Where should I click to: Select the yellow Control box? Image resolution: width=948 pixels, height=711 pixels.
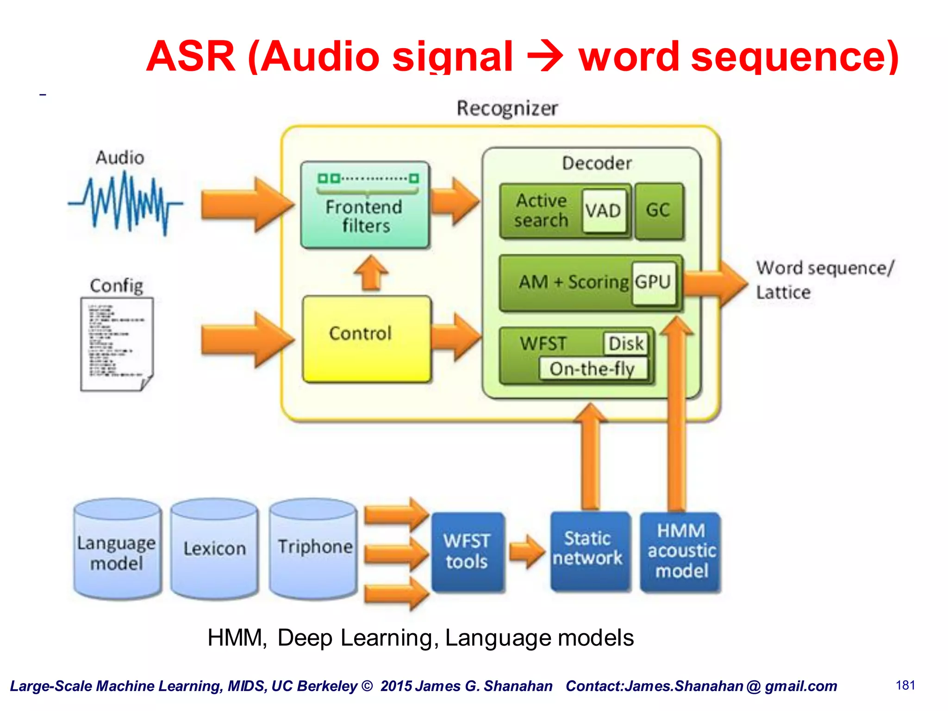pyautogui.click(x=367, y=339)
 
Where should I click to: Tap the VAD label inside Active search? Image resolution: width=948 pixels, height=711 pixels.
pyautogui.click(x=603, y=211)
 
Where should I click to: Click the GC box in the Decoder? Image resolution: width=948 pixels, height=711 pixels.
pyautogui.click(x=658, y=211)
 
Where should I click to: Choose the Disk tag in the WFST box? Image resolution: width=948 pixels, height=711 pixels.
pyautogui.click(x=625, y=343)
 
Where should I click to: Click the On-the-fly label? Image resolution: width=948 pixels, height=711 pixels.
pyautogui.click(x=592, y=369)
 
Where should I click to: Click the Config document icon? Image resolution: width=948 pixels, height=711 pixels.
pyautogui.click(x=117, y=343)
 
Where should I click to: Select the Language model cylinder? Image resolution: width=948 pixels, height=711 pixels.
pyautogui.click(x=117, y=549)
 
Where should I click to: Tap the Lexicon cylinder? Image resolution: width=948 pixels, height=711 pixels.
pyautogui.click(x=214, y=549)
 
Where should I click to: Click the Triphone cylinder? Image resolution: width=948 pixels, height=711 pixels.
pyautogui.click(x=313, y=549)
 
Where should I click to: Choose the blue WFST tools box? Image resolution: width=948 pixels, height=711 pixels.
pyautogui.click(x=467, y=552)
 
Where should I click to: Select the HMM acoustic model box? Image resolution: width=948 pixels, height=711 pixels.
pyautogui.click(x=680, y=552)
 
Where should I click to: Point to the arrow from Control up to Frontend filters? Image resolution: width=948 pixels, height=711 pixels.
pyautogui.click(x=370, y=273)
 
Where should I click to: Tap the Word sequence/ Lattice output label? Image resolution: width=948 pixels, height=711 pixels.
pyautogui.click(x=824, y=280)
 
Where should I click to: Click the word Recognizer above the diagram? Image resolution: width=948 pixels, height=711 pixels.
pyautogui.click(x=507, y=109)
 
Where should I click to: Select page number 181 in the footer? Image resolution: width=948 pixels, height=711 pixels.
pyautogui.click(x=905, y=685)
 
